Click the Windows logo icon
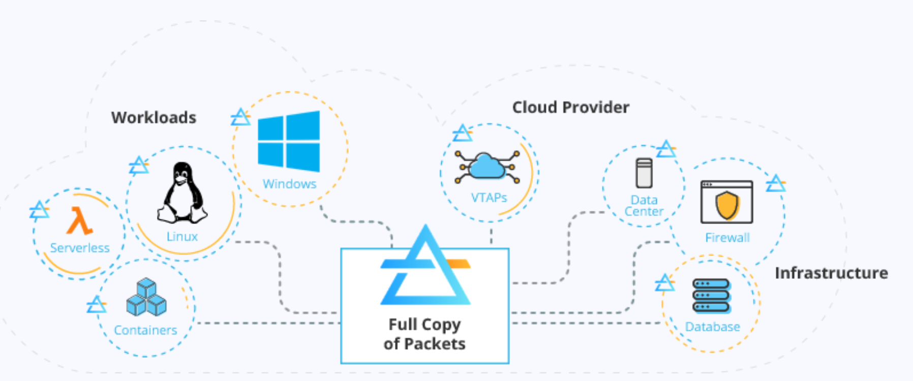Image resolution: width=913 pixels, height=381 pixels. pos(289,141)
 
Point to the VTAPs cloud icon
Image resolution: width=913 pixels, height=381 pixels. pos(488,167)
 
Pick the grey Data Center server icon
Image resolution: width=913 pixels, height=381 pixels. pos(644,173)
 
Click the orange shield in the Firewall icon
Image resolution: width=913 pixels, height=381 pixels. pos(727,205)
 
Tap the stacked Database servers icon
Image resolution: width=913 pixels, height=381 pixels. pos(712,296)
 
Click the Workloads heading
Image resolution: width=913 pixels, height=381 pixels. pos(154,117)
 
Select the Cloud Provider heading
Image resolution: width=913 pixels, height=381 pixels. pos(570,107)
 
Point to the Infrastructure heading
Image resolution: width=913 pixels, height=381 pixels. pos(831,273)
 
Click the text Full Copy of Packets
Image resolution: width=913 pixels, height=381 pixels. pos(424,334)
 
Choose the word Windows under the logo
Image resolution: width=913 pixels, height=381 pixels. pos(289,183)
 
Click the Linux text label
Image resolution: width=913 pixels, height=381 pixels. pos(182,236)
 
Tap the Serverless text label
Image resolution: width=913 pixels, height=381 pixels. pos(80,248)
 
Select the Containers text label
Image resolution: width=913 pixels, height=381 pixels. pos(145,330)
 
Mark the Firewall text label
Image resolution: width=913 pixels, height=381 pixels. pos(727,238)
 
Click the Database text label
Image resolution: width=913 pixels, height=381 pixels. pos(712,327)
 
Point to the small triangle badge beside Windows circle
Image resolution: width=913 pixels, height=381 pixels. pos(240,117)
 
